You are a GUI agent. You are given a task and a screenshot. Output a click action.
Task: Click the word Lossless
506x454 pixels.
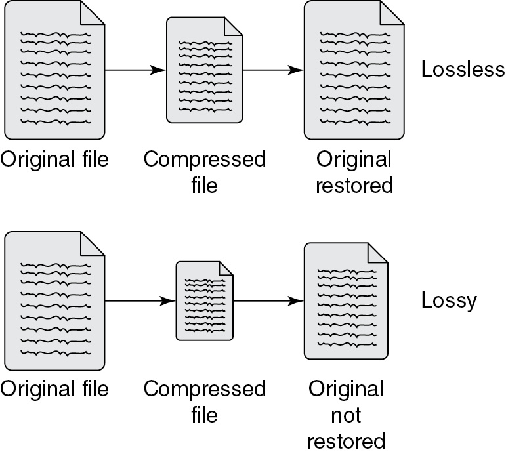pos(463,69)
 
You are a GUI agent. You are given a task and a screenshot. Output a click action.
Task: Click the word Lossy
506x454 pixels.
pos(449,300)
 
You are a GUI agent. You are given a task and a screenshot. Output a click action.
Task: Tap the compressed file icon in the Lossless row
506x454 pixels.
pos(205,70)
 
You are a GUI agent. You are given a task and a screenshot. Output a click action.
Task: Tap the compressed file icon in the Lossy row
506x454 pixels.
pos(205,300)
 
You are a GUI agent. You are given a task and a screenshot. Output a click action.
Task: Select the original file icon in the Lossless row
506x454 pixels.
pos(54,70)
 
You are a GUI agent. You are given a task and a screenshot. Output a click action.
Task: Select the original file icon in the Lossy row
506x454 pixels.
pos(54,300)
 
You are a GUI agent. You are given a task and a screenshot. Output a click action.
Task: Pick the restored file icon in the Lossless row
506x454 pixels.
pos(354,70)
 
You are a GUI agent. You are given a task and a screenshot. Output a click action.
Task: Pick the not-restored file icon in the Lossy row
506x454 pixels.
pos(346,300)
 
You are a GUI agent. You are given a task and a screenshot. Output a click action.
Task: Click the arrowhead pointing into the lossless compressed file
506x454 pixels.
pos(158,70)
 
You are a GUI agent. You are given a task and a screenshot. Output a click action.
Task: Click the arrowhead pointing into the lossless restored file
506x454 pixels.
pos(296,70)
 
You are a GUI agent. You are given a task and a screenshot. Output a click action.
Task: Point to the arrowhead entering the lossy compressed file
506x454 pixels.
pos(168,301)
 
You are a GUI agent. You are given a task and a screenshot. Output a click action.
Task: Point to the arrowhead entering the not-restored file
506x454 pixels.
pos(296,301)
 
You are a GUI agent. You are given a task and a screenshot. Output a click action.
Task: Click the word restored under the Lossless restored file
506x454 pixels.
pos(354,185)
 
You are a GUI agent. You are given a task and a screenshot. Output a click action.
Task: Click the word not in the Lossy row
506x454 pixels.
pos(346,415)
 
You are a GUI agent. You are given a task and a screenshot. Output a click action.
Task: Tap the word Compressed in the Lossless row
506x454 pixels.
pos(205,159)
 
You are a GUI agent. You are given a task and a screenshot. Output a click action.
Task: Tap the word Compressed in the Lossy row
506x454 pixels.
pos(205,389)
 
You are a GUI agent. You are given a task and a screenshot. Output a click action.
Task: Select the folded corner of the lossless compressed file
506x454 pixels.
pos(233,26)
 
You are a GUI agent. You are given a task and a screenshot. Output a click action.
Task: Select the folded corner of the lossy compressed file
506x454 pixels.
pos(226,268)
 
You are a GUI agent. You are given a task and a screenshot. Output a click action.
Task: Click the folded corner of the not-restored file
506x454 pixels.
pos(378,253)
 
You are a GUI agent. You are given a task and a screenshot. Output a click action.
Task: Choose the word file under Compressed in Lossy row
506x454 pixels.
pos(205,415)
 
